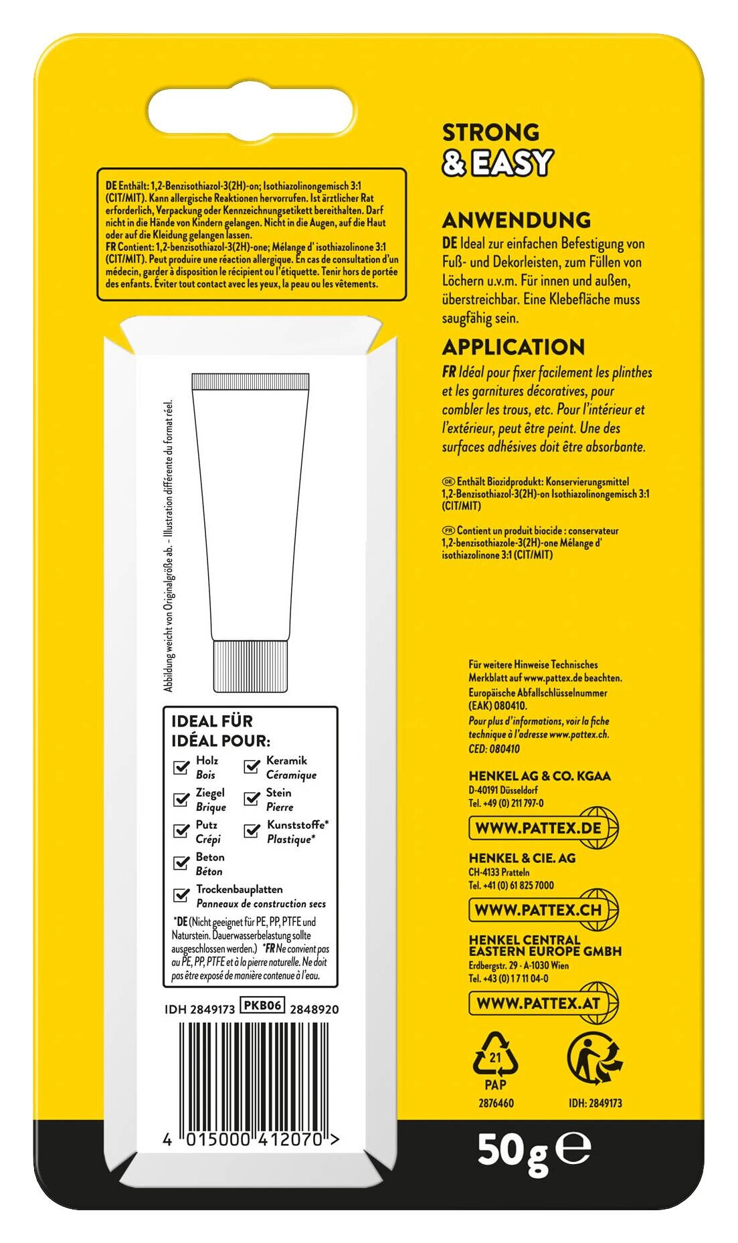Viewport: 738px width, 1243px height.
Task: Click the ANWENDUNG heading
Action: pos(516,220)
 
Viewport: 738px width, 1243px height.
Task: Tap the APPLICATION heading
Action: pos(513,347)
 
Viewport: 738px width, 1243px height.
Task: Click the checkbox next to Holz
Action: pos(181,767)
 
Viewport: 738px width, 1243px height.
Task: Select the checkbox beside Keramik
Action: pos(252,767)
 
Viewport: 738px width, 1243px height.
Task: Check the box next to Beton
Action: pos(181,863)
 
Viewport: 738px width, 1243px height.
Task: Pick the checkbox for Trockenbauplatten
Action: pos(181,895)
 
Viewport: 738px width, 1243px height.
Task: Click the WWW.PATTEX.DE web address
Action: pos(538,828)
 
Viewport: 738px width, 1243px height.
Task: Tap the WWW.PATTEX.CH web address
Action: pos(538,910)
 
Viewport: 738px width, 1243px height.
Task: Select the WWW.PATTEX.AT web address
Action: pos(538,1003)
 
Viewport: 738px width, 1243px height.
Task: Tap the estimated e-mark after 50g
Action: pos(575,1149)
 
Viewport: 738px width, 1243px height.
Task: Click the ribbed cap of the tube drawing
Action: pos(250,666)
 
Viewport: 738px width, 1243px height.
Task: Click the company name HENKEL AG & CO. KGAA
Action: pos(539,776)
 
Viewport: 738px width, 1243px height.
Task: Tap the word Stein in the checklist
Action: pos(278,793)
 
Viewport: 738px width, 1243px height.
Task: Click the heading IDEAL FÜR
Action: pos(212,721)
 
